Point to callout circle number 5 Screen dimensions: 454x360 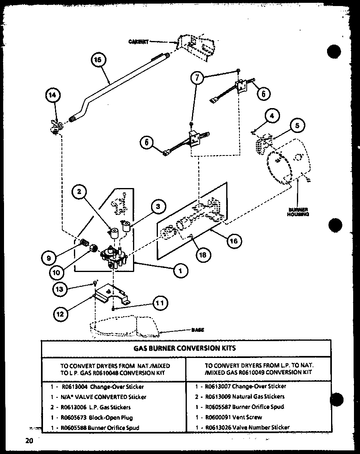point(297,125)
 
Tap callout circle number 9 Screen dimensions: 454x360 point(49,258)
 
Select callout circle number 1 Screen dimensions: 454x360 point(181,271)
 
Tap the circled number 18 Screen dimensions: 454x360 point(203,254)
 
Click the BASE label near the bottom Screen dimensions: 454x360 point(197,330)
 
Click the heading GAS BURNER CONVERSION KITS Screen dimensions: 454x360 point(185,348)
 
